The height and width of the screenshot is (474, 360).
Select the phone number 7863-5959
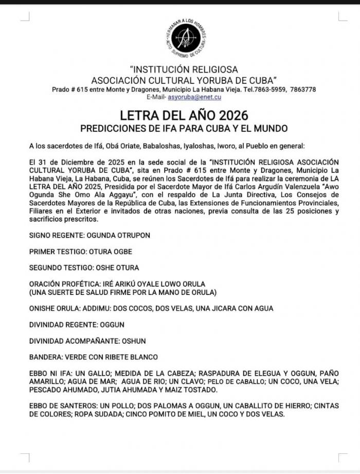(272, 89)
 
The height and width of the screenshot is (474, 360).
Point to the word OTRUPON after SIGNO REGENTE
(133, 235)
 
